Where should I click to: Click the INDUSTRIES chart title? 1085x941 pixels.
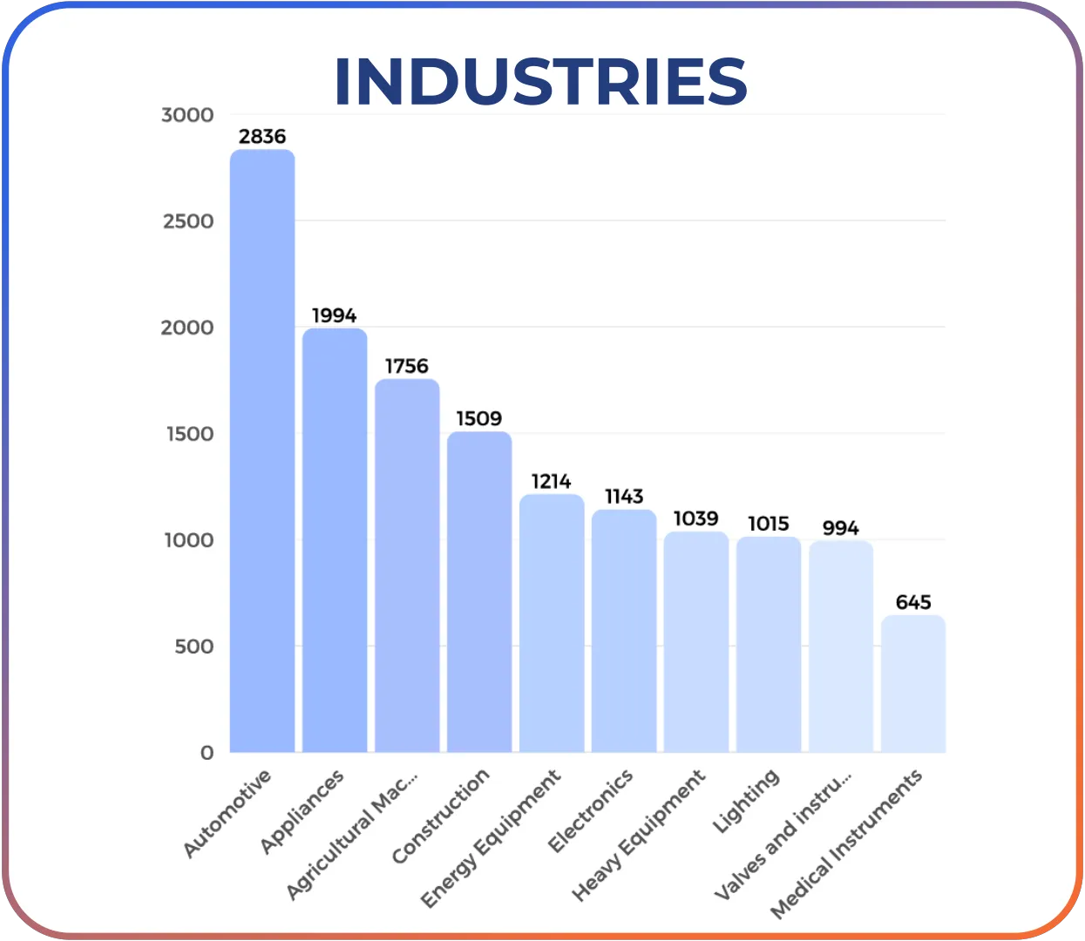(x=540, y=82)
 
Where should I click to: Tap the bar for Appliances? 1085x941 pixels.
(x=335, y=540)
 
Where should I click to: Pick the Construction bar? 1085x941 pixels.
(x=479, y=592)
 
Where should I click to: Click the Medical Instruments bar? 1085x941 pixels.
(x=913, y=684)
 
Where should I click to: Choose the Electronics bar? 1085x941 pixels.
(x=624, y=631)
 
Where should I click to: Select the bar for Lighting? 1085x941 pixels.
(x=769, y=645)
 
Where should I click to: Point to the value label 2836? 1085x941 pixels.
(x=262, y=137)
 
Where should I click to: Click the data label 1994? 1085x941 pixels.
(x=335, y=315)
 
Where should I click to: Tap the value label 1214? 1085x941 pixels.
(x=552, y=481)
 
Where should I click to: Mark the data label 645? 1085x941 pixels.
(x=913, y=602)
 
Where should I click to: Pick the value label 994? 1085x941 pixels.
(x=841, y=528)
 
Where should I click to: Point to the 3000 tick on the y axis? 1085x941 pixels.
(x=187, y=115)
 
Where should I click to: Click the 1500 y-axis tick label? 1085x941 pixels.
(x=190, y=434)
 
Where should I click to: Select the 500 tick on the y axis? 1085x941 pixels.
(x=193, y=647)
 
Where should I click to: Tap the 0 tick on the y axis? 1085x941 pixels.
(x=207, y=753)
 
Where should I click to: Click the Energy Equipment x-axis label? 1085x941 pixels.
(x=492, y=838)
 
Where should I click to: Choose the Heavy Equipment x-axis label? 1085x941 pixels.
(x=639, y=835)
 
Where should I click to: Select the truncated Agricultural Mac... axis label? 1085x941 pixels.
(x=353, y=833)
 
